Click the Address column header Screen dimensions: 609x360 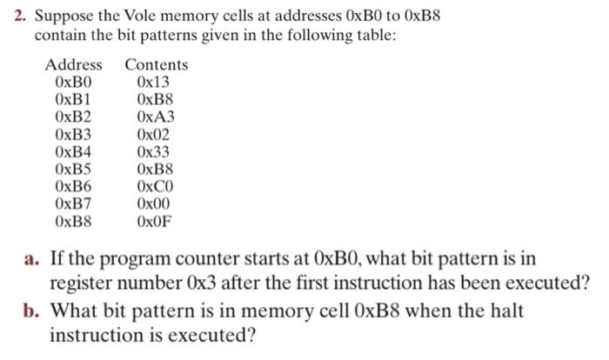pos(73,65)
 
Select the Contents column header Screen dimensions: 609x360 pos(156,65)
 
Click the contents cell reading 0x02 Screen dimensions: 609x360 pos(154,135)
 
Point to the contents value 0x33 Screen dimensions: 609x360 pos(154,152)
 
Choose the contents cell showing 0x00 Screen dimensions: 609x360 pos(154,204)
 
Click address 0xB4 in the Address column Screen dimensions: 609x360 pos(73,152)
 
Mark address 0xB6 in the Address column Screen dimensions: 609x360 pos(73,187)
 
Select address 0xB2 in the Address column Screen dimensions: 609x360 pos(73,117)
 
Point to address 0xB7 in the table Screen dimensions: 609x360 pos(73,204)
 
